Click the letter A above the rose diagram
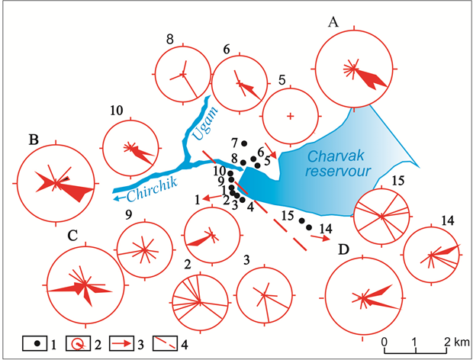point(333,24)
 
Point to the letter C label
point(72,236)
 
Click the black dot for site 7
point(244,143)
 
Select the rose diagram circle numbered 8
point(182,74)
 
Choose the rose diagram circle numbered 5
point(290,116)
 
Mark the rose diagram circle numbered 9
point(143,249)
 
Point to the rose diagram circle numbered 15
point(383,217)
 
